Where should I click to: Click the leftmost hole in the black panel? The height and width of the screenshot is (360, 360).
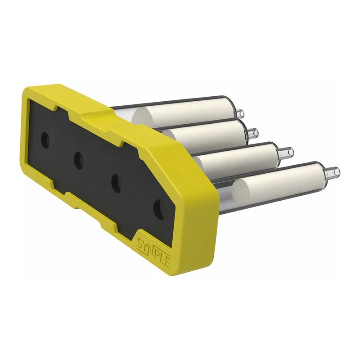pos(45,140)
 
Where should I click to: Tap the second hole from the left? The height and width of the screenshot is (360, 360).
pos(78,160)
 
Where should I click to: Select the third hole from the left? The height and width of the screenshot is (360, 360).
pos(117,183)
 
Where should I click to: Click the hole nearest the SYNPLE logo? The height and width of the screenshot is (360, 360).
pos(159,210)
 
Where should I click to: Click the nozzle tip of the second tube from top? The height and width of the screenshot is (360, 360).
pos(255,133)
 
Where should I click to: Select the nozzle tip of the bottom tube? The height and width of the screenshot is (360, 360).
pos(336,171)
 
